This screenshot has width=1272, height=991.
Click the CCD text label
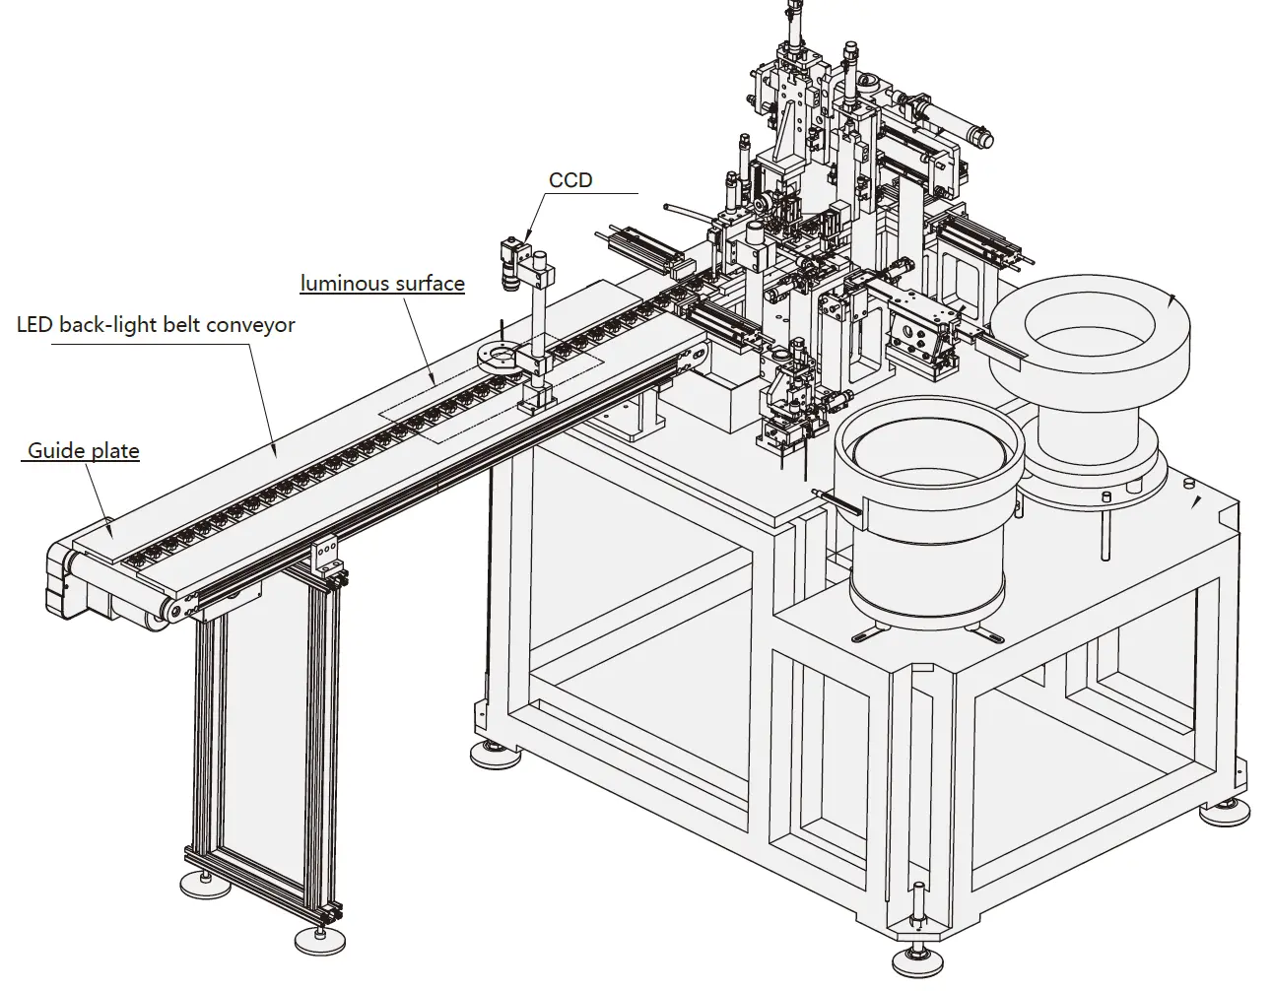570,179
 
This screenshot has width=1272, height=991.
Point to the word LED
35,325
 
